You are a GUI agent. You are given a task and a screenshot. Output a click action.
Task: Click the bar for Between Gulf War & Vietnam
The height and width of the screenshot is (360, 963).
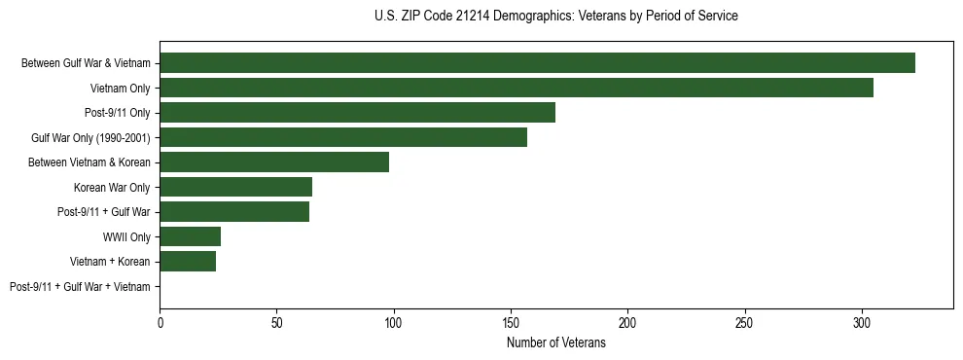click(537, 63)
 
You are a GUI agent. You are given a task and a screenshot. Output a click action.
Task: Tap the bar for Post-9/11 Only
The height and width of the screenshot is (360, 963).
click(357, 113)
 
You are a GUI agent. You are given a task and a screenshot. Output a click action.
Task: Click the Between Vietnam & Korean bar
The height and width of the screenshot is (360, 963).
click(274, 162)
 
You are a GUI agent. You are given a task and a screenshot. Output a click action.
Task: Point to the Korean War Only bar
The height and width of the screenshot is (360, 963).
click(235, 187)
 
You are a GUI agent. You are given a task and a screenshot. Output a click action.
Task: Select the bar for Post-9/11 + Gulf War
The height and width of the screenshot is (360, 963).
click(234, 212)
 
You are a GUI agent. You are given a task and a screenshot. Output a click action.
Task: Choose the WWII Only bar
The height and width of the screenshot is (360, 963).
click(190, 236)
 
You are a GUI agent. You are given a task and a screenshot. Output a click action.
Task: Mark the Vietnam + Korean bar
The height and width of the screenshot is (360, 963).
click(188, 262)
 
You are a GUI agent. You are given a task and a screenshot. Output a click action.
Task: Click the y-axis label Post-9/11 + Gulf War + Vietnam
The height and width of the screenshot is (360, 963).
click(80, 287)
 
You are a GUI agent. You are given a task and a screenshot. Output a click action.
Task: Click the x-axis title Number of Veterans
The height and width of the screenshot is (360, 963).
click(555, 342)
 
